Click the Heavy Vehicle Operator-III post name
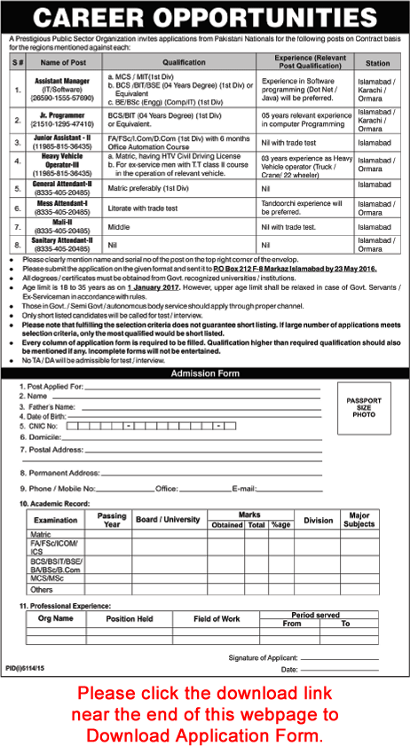click(63, 160)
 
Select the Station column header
click(377, 62)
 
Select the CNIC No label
click(38, 426)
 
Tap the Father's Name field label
click(48, 405)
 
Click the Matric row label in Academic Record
click(41, 535)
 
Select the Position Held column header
click(130, 617)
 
